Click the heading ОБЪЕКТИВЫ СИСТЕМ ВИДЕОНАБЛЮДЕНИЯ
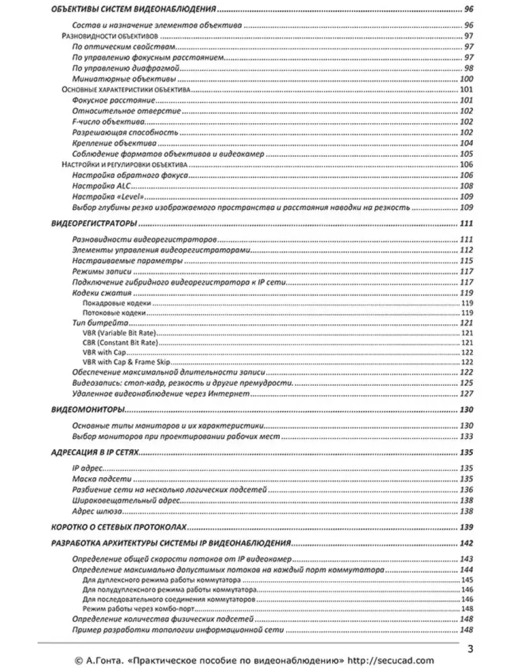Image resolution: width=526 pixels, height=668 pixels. (134, 10)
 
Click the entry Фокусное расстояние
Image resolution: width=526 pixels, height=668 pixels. (110, 100)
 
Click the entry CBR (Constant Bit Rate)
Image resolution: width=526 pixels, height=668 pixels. (120, 343)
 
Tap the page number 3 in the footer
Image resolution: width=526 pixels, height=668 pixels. (471, 648)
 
